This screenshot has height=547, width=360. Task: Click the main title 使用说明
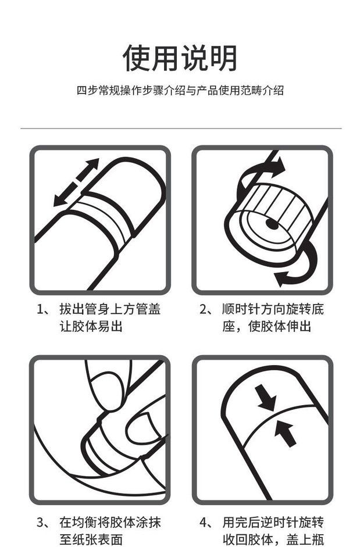pyautogui.click(x=180, y=58)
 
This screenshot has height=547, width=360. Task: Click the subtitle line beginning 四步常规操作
pyautogui.click(x=180, y=90)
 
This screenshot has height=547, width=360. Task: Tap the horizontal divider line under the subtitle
pyautogui.click(x=181, y=128)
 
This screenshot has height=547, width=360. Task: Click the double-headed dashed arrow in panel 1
pyautogui.click(x=76, y=183)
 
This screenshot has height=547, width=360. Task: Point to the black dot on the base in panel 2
pyautogui.click(x=272, y=224)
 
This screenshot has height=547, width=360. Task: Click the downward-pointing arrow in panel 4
pyautogui.click(x=266, y=397)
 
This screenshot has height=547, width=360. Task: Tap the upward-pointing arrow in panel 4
pyautogui.click(x=286, y=433)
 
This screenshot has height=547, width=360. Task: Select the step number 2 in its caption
pyautogui.click(x=203, y=310)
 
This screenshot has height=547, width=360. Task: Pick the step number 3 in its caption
pyautogui.click(x=40, y=523)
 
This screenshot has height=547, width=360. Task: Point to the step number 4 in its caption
pyautogui.click(x=203, y=523)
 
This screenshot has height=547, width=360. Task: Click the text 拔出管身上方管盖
pyautogui.click(x=110, y=309)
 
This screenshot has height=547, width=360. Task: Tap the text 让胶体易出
pyautogui.click(x=91, y=327)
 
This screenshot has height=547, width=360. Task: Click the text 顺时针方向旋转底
pyautogui.click(x=273, y=309)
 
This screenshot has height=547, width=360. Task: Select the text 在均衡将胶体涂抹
pyautogui.click(x=110, y=523)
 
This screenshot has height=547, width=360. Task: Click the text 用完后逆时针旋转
pyautogui.click(x=273, y=523)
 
